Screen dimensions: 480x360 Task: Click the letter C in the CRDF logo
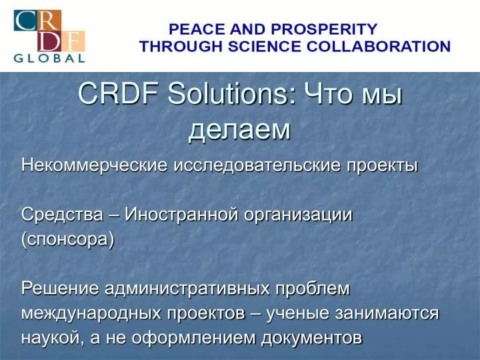coord(25,21)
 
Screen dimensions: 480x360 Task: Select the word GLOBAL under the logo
coord(49,58)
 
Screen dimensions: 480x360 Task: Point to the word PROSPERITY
coord(324,29)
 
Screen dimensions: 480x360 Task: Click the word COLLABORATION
coord(379,47)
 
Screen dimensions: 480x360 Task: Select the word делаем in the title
coord(239,130)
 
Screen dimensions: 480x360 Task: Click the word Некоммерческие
coord(95,165)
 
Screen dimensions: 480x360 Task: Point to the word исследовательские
coord(257,165)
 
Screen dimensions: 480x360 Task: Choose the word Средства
coord(62,214)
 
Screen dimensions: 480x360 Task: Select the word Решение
coord(60,289)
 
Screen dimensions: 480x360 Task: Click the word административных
coord(187,289)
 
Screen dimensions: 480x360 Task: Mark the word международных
coord(91,313)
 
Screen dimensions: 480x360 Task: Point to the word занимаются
coord(387,313)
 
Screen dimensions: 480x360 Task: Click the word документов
coord(312,338)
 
